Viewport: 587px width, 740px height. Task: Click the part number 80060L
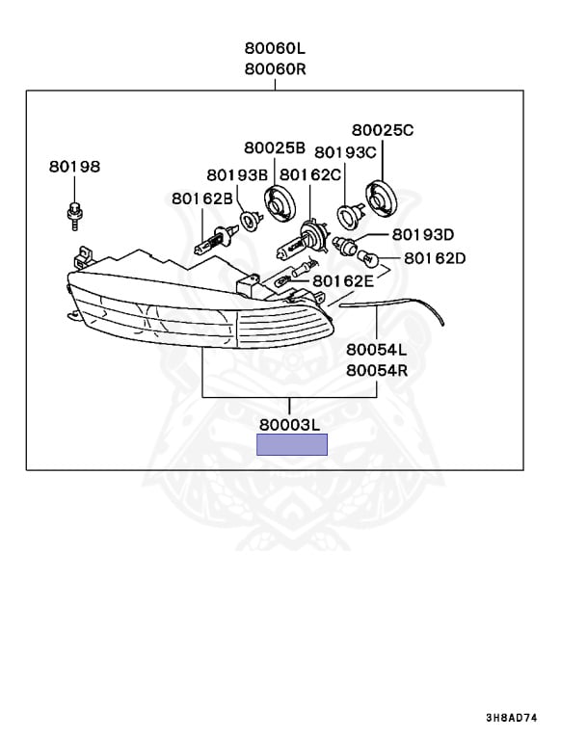(x=275, y=48)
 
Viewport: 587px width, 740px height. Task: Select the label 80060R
(x=275, y=68)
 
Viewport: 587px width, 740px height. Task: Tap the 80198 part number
(x=74, y=166)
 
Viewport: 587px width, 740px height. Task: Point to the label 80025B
(x=275, y=147)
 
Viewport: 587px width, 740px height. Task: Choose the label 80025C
(x=382, y=129)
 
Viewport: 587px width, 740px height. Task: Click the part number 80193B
(x=236, y=174)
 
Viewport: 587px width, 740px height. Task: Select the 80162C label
(x=310, y=174)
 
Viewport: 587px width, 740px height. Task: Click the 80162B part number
(x=202, y=198)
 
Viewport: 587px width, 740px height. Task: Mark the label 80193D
(x=422, y=234)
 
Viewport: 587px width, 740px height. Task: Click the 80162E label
(x=343, y=280)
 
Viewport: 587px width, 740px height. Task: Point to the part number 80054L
(x=377, y=349)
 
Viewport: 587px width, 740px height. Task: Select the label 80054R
(x=377, y=370)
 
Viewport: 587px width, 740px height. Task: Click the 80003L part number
(x=289, y=423)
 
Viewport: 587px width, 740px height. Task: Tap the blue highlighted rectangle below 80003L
(x=291, y=444)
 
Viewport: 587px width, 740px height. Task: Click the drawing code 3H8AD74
(x=537, y=718)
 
